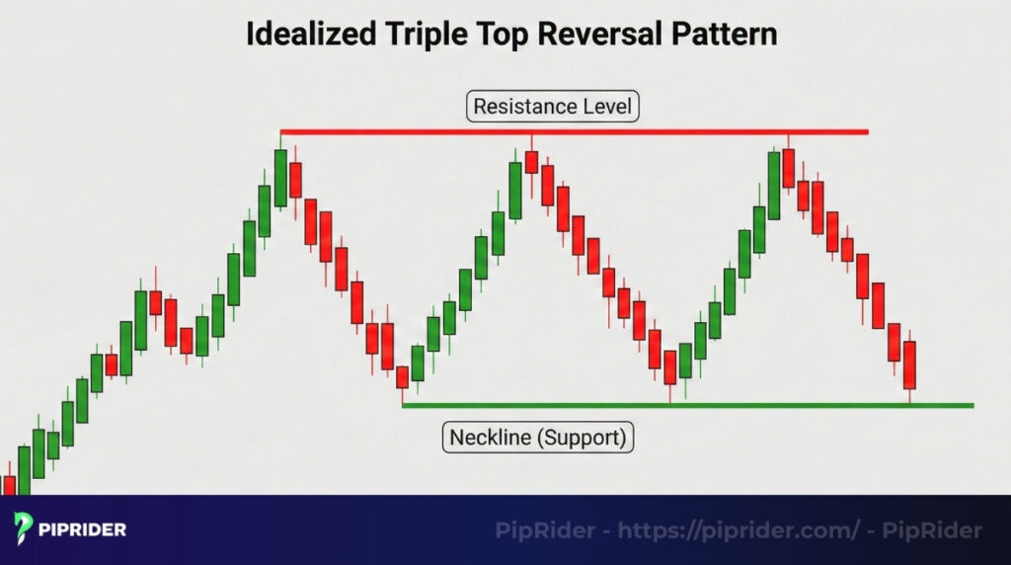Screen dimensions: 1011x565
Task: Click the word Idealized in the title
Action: pyautogui.click(x=311, y=34)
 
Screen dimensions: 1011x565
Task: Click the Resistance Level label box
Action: pyautogui.click(x=553, y=107)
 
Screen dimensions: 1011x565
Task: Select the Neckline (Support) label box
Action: pyautogui.click(x=538, y=438)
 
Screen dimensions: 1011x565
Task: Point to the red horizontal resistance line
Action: pyautogui.click(x=575, y=132)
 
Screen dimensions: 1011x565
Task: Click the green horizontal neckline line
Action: pyautogui.click(x=688, y=406)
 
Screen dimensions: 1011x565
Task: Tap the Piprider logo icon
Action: pyautogui.click(x=23, y=528)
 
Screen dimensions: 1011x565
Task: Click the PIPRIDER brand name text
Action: pyautogui.click(x=83, y=530)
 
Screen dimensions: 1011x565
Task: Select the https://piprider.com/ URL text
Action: pyautogui.click(x=739, y=530)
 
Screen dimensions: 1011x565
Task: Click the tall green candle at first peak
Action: pyautogui.click(x=280, y=178)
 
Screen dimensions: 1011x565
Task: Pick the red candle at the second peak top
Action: pyautogui.click(x=531, y=162)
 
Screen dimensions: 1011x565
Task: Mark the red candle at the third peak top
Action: pyautogui.click(x=788, y=168)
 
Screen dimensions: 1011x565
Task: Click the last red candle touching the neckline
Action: pyautogui.click(x=909, y=365)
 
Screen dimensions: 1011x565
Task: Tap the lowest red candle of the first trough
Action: pyautogui.click(x=403, y=377)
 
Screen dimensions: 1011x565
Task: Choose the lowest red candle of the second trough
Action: pyautogui.click(x=670, y=367)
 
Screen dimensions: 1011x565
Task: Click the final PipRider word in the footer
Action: pyautogui.click(x=932, y=530)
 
